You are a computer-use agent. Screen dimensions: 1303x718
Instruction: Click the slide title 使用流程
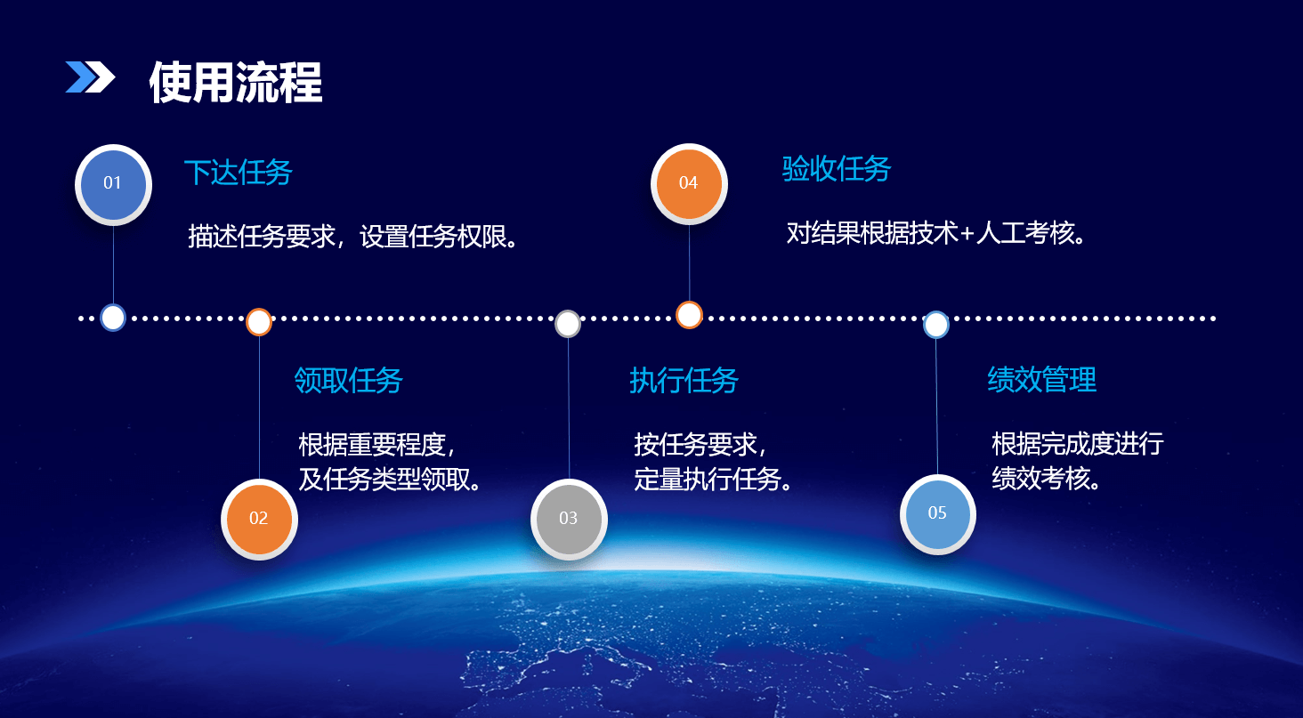click(x=236, y=82)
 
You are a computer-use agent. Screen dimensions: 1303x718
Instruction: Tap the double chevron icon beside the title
click(x=90, y=77)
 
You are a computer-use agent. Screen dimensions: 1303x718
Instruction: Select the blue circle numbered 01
click(x=113, y=184)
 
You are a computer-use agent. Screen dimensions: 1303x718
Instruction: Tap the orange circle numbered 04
click(x=689, y=183)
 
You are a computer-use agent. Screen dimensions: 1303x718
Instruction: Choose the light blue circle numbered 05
click(x=938, y=514)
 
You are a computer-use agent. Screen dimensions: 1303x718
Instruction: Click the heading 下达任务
click(x=239, y=172)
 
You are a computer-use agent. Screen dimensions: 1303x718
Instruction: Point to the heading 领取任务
click(x=348, y=381)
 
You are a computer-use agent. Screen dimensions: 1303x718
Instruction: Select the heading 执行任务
click(x=684, y=381)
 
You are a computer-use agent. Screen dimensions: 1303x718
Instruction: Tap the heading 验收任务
click(x=837, y=169)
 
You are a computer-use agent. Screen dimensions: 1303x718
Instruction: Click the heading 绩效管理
click(x=1042, y=380)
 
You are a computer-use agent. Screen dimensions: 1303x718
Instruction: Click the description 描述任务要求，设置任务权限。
click(x=353, y=237)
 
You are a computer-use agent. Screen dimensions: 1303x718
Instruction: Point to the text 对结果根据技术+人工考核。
click(x=936, y=233)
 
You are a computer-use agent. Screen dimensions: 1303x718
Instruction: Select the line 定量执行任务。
click(x=713, y=480)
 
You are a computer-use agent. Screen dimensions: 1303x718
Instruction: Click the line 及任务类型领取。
click(x=390, y=480)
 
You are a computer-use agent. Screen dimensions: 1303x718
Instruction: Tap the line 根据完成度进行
click(x=1077, y=444)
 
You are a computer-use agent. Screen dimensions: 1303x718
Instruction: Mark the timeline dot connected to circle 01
click(x=113, y=318)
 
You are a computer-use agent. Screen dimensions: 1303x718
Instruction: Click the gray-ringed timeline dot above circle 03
click(x=568, y=324)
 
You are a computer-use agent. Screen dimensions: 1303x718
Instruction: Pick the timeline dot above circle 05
click(x=936, y=325)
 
